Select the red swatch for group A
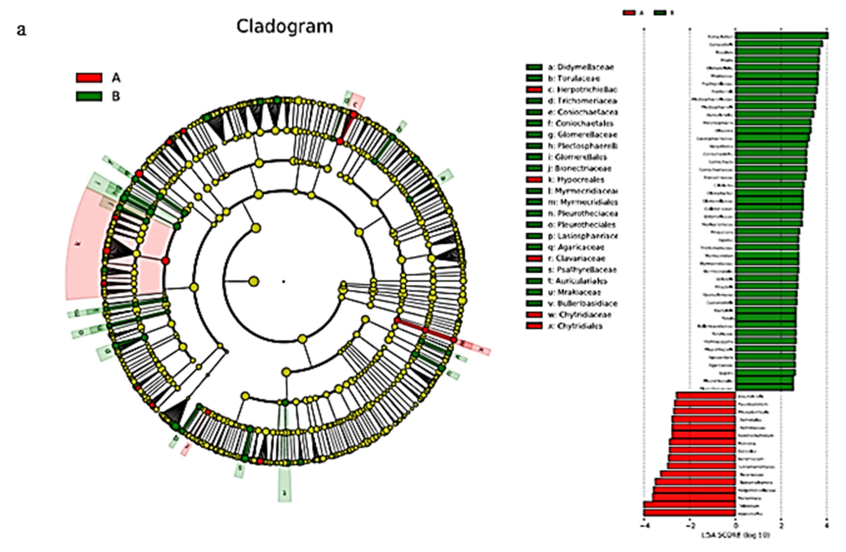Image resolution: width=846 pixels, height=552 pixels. (89, 78)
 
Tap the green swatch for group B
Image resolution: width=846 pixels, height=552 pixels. (89, 96)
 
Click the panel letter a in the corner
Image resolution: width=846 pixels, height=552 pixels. (21, 30)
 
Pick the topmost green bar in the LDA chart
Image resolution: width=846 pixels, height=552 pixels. (782, 36)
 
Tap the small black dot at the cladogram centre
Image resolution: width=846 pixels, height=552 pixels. (284, 281)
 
